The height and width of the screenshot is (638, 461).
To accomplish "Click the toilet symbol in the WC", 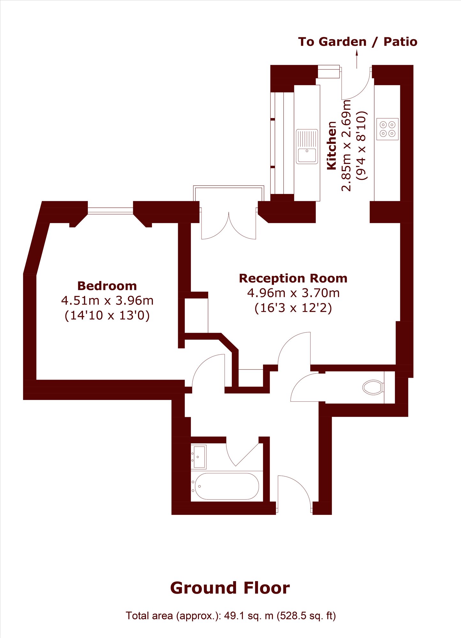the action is tap(373, 387).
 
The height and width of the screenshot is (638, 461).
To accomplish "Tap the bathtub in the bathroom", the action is tap(227, 486).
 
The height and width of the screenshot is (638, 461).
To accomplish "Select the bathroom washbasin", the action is tap(199, 457).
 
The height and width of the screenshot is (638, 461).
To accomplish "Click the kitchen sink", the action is tap(307, 146).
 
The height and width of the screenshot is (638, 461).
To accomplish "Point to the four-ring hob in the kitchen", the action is tap(388, 129).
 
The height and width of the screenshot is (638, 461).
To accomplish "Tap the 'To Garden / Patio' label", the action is tap(358, 42).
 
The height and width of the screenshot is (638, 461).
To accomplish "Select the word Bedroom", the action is tap(107, 286).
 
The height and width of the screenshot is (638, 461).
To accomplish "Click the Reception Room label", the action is tap(293, 278).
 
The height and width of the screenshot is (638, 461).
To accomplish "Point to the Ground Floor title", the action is tap(230, 588).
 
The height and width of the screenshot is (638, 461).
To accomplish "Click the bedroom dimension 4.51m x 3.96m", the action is tap(107, 300).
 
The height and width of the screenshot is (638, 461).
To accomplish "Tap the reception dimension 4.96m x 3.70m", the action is tap(293, 293).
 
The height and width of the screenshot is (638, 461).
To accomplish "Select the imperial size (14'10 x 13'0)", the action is tap(107, 315).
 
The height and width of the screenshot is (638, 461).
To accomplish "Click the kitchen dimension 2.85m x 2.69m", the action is tap(346, 145).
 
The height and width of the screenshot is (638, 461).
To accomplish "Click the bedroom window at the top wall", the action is tap(110, 211).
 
